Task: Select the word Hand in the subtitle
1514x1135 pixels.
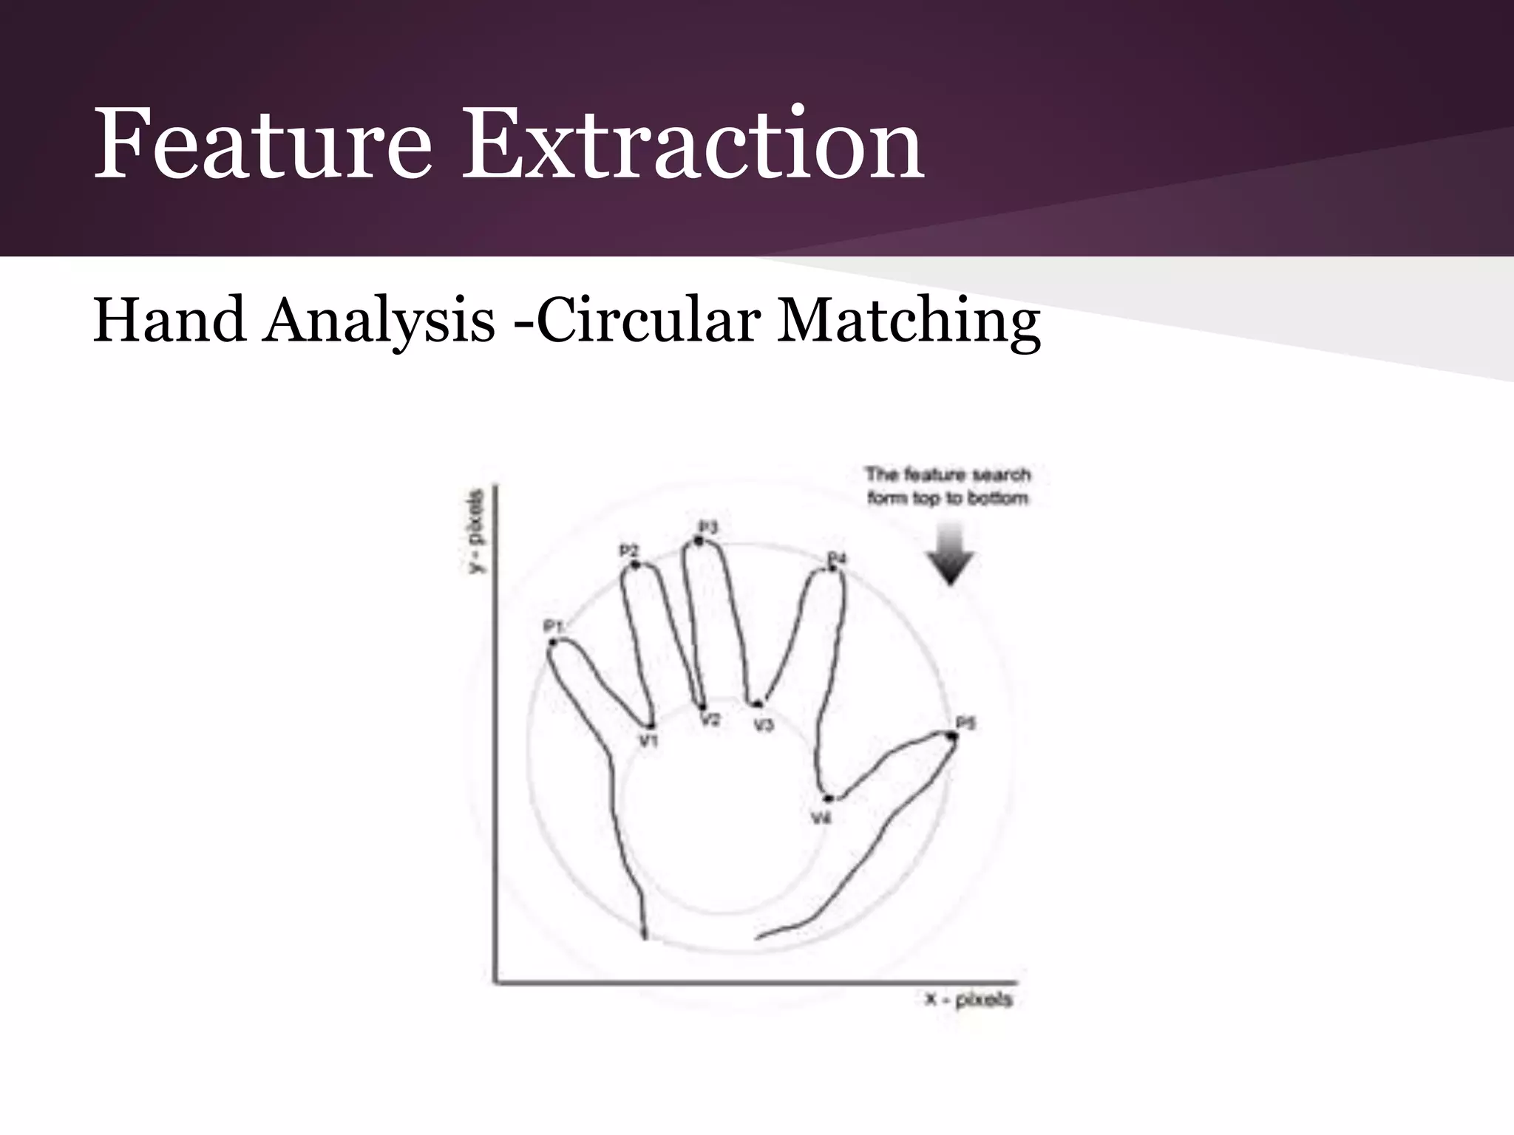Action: pos(169,320)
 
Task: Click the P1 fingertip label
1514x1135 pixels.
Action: pos(554,627)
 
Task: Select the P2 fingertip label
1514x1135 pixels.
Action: pos(628,551)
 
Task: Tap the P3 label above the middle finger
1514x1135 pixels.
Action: pos(708,527)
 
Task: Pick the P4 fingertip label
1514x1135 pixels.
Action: pos(836,557)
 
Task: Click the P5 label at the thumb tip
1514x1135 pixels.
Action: pos(965,722)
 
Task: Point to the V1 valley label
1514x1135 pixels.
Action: pos(648,740)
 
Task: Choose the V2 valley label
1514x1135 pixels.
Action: pos(710,720)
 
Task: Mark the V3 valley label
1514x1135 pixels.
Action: pos(764,725)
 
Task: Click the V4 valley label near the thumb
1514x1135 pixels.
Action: pos(821,818)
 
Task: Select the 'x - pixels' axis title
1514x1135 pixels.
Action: pos(968,1000)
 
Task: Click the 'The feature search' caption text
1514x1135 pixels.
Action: pos(948,474)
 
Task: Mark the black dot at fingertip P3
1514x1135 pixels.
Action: pos(699,542)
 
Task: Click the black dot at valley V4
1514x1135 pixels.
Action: pos(829,799)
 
